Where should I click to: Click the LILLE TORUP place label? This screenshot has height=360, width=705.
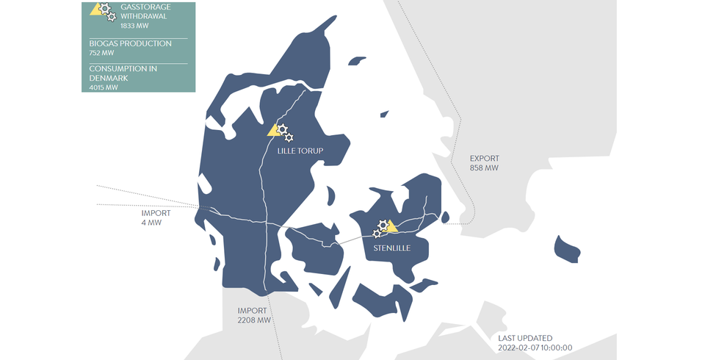(x=300, y=151)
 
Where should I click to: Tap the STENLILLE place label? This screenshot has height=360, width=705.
(x=391, y=248)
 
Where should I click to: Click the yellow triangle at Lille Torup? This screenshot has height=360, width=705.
(x=273, y=131)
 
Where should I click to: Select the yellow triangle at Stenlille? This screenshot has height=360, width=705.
(x=391, y=226)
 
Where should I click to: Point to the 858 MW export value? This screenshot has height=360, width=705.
(x=484, y=168)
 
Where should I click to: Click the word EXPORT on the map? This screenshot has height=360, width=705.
(x=484, y=158)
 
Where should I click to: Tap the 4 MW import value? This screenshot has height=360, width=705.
(x=151, y=223)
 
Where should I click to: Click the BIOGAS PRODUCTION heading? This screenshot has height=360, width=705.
(x=130, y=43)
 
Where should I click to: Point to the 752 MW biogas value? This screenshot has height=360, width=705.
(x=101, y=53)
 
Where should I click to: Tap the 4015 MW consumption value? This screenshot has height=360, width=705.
(x=104, y=87)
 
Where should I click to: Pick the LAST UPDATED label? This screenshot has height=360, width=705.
(x=525, y=338)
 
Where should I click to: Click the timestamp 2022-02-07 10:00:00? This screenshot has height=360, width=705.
(x=535, y=348)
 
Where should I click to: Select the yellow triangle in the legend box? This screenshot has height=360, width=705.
(x=95, y=10)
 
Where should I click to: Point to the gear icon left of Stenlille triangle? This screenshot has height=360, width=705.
(x=377, y=234)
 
